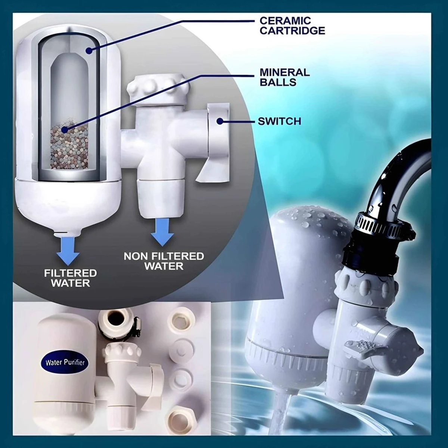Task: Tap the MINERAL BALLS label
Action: pos(284,77)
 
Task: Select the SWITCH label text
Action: pos(279,121)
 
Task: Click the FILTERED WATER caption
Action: pos(71,278)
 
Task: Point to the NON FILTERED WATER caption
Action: pos(164,261)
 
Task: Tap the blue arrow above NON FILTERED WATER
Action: pos(162,232)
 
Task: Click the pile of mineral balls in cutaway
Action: pos(69,146)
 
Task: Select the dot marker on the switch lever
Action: pos(220,121)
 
